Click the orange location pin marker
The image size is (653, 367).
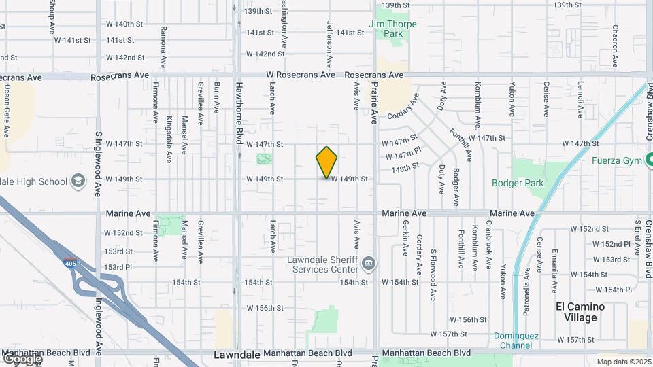(x=326, y=162)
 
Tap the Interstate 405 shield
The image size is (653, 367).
(x=71, y=264)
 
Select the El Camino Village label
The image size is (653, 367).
(x=580, y=312)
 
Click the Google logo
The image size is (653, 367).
(x=21, y=357)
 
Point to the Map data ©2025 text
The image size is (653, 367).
(x=624, y=362)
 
